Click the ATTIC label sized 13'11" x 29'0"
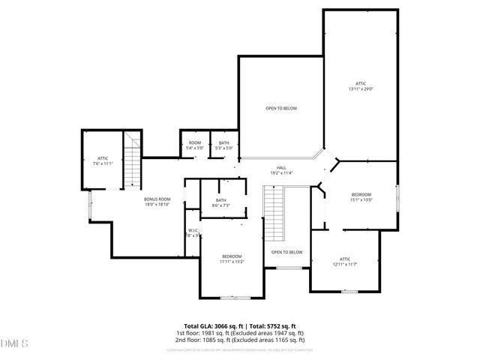[x=361, y=86]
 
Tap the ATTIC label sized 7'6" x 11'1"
[x=103, y=160]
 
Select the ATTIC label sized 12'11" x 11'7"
[x=345, y=261]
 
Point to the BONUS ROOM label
[x=157, y=202]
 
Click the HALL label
[x=281, y=170]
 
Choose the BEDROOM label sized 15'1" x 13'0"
[x=361, y=197]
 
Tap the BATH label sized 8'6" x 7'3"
[x=221, y=202]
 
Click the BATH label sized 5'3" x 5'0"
[x=224, y=145]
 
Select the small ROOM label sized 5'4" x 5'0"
[x=194, y=145]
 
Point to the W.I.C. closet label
[x=193, y=233]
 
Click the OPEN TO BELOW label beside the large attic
[x=281, y=109]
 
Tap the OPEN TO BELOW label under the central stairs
[x=286, y=252]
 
